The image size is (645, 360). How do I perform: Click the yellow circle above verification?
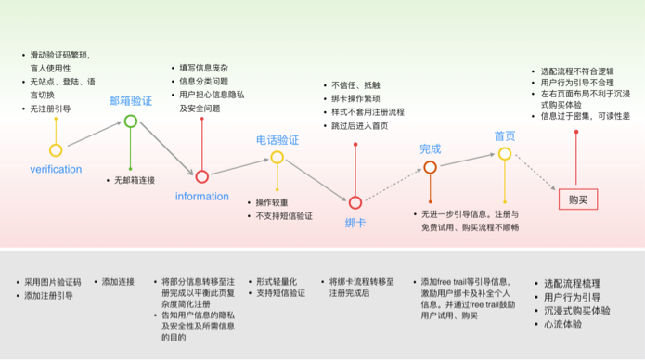coord(56,150)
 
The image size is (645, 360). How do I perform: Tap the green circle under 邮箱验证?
coord(131,121)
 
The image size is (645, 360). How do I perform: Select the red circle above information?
coord(201,176)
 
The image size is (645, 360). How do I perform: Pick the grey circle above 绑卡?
coord(355,201)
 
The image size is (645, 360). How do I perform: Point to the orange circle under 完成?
coord(430,168)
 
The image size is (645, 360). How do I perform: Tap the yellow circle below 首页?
coord(504,154)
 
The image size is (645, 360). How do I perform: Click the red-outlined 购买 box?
coord(578,199)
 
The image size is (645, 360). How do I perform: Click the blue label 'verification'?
coord(56,170)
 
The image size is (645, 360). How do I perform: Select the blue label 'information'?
coord(201,196)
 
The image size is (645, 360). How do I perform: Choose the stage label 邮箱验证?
coord(131,100)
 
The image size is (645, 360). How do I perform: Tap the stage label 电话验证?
coord(277,140)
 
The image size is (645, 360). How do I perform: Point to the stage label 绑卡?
coord(355,223)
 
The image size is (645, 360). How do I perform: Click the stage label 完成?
coord(430,148)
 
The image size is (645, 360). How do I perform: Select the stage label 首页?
coord(504,135)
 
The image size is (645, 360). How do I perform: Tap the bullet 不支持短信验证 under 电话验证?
coord(284,216)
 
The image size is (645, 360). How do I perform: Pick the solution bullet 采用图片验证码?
coord(52,281)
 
